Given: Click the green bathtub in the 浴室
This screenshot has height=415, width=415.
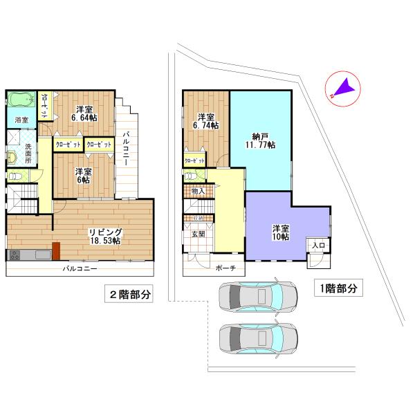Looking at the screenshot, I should [x=21, y=101].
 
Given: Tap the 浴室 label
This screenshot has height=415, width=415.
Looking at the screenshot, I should [x=21, y=120].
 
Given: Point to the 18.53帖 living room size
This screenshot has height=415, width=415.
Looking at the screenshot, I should [x=104, y=240].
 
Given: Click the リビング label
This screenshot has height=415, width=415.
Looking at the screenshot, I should [x=104, y=231].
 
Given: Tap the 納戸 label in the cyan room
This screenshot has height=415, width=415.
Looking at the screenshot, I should [x=260, y=135].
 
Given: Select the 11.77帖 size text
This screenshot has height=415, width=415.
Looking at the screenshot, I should [x=260, y=145].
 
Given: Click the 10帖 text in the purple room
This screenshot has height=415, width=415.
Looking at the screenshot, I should [x=280, y=237].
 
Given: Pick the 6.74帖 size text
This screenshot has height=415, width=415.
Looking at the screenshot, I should [x=206, y=126].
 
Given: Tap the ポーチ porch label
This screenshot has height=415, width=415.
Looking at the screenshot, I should [x=225, y=268].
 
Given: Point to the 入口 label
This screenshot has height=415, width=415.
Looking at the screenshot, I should [x=318, y=246].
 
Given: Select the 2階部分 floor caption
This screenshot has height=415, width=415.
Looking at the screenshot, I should [x=129, y=294].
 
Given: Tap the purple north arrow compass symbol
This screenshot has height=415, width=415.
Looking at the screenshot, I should [x=342, y=89].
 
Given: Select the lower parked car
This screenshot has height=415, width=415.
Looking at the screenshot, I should [x=257, y=339].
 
